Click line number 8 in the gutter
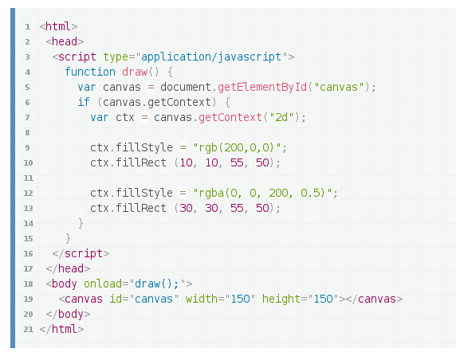(27, 133)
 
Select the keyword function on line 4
(90, 72)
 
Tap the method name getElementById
(262, 87)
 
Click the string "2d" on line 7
(281, 117)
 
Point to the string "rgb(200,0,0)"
(237, 147)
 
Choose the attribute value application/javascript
(211, 57)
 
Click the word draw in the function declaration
(135, 72)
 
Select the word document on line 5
(186, 87)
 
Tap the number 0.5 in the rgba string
(313, 193)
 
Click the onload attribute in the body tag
(103, 284)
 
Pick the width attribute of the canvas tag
(202, 299)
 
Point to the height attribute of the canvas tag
(281, 299)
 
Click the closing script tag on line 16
(81, 253)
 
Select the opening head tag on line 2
(65, 41)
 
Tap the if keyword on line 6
(84, 102)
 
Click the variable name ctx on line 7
(125, 118)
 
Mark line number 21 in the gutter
(28, 330)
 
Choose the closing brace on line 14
(81, 223)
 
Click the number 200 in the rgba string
(278, 193)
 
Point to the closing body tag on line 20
(68, 315)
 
